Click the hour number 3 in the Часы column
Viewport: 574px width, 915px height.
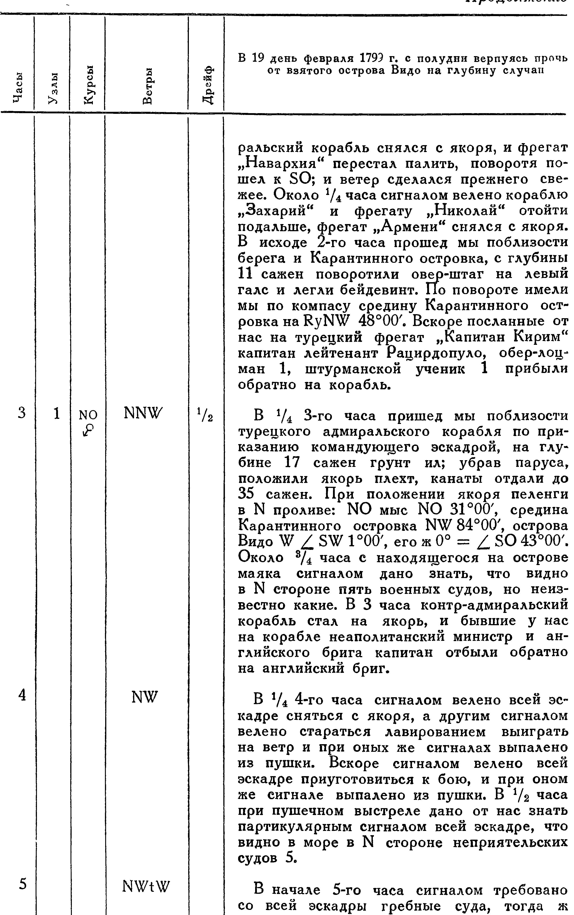(x=22, y=413)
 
